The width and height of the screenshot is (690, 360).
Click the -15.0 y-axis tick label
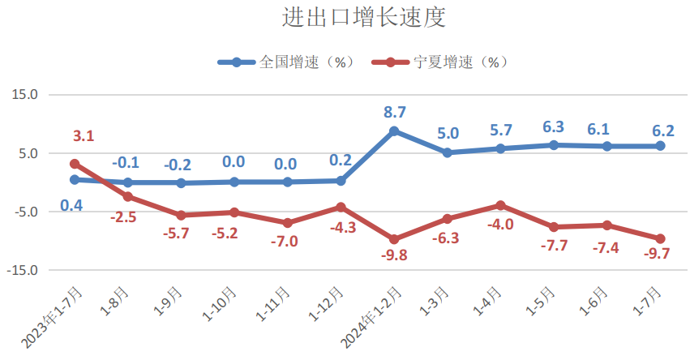coord(24,270)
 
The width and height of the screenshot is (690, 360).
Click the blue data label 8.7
coord(395,112)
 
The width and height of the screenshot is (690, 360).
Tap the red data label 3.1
coord(84,135)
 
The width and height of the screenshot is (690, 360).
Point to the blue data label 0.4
coord(71,205)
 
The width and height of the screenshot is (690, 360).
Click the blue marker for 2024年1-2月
coord(394,131)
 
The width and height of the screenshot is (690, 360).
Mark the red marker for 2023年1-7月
coord(75,164)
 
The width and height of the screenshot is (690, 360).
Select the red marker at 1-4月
coord(500,205)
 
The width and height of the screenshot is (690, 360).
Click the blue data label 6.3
coord(554,126)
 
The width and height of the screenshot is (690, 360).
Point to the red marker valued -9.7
coord(660,238)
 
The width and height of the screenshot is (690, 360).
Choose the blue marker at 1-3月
coord(447,152)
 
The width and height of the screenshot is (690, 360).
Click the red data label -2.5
coord(123,217)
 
